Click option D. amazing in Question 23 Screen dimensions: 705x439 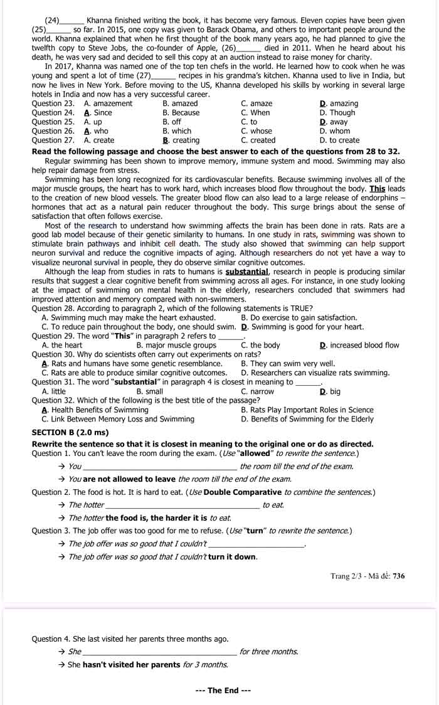339,103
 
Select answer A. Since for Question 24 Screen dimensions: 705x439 98,113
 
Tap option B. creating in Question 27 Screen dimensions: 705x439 181,140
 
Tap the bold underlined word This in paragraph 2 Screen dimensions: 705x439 378,188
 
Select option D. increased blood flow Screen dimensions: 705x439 359,345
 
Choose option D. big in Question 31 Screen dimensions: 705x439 330,391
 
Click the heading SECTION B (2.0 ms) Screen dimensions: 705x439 70,433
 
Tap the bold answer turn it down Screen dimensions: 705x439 232,557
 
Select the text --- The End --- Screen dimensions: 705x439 223,691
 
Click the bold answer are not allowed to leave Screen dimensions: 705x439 129,479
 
